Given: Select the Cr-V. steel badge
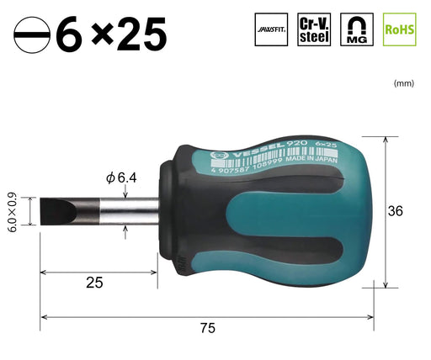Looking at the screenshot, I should pyautogui.click(x=314, y=29).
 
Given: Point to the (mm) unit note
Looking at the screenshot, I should pyautogui.click(x=403, y=83).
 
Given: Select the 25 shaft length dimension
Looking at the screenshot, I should pyautogui.click(x=94, y=283).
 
